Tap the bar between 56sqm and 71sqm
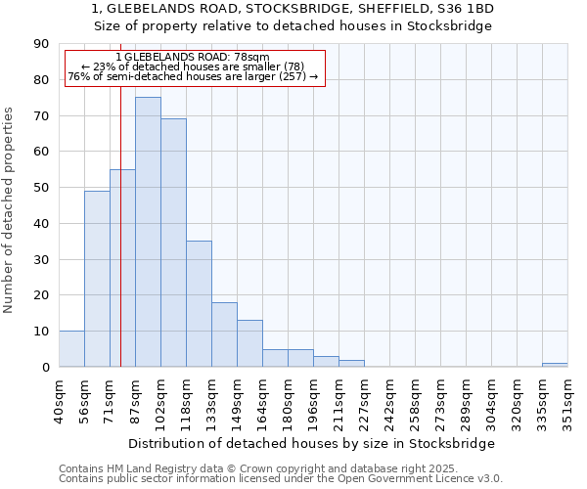(x=97, y=279)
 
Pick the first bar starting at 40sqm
(x=71, y=349)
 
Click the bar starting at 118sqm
(x=199, y=304)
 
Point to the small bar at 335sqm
(x=555, y=365)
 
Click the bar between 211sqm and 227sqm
(x=351, y=364)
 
